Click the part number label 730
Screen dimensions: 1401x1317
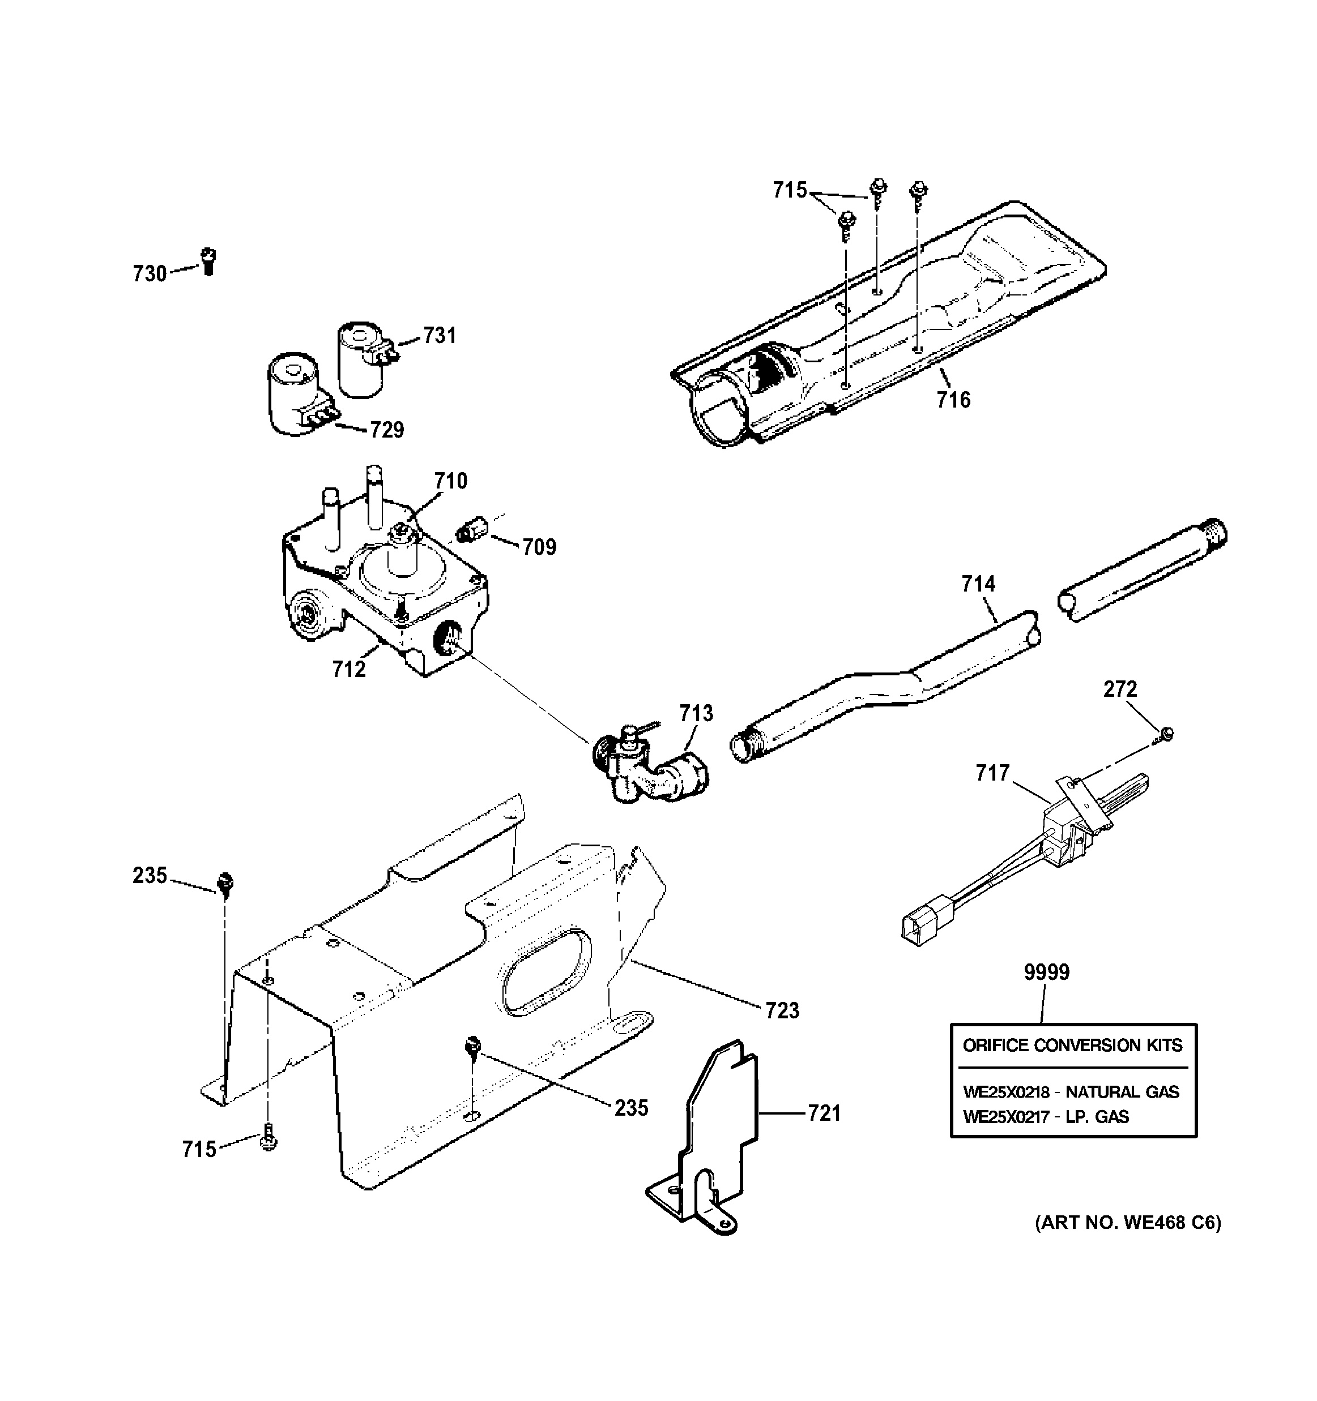tap(150, 273)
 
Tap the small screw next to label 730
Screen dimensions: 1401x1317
tap(208, 262)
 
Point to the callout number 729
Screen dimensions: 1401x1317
tap(387, 430)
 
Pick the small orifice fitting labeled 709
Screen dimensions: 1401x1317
tap(467, 530)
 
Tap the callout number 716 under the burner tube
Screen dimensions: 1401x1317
tap(953, 400)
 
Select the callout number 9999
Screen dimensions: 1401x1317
tap(1046, 972)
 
